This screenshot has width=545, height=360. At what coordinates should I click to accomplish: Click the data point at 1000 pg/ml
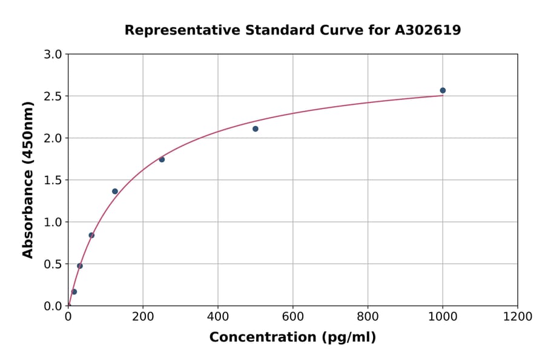(443, 90)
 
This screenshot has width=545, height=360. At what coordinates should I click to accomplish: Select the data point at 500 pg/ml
(256, 128)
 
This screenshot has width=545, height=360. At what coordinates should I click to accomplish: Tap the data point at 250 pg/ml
(162, 159)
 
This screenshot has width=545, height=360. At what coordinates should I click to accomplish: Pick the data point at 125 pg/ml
(115, 192)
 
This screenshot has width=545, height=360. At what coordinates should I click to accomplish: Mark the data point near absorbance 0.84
(91, 235)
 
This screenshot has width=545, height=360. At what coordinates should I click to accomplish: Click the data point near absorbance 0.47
(80, 266)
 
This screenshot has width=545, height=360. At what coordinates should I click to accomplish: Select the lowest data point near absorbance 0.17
(74, 292)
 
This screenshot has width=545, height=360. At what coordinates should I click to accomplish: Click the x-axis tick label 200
(143, 317)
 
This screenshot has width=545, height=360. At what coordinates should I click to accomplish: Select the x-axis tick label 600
(292, 317)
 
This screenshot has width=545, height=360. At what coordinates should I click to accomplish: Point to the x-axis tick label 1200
(517, 317)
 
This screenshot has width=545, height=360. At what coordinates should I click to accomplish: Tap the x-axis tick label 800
(368, 317)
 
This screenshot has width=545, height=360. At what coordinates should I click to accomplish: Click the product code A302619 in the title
(428, 30)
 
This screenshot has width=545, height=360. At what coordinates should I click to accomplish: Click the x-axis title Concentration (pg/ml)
(292, 338)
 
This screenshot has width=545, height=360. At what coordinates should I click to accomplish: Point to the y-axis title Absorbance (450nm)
(28, 180)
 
